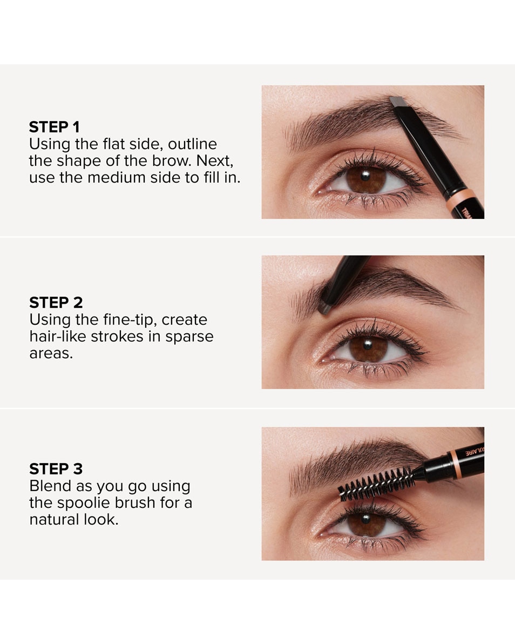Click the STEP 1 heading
(x=54, y=127)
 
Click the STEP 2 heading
(x=56, y=302)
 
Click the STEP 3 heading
(x=56, y=468)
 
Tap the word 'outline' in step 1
(x=192, y=144)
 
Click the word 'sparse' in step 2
(x=189, y=337)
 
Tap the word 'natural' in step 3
(x=53, y=520)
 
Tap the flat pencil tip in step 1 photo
(x=398, y=102)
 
